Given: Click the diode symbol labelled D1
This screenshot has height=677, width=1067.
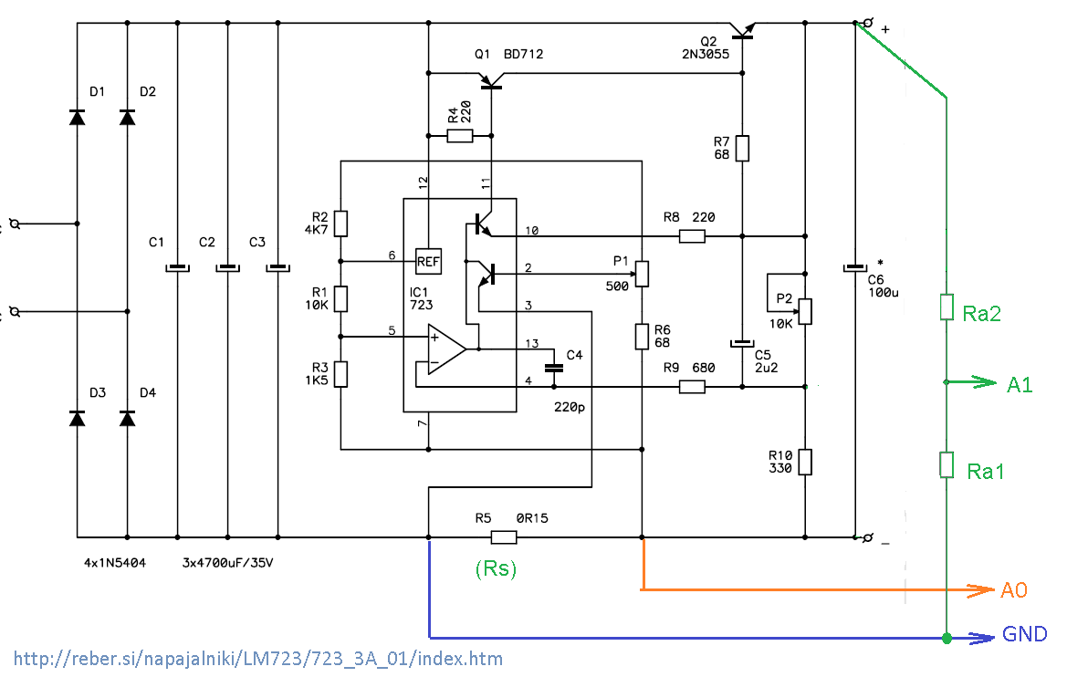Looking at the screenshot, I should [x=77, y=117].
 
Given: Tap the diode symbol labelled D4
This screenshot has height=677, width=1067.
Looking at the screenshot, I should [x=127, y=418].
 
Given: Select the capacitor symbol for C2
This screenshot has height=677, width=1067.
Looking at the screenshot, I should [x=226, y=268].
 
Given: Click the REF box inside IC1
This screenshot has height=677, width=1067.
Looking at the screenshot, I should [x=428, y=261].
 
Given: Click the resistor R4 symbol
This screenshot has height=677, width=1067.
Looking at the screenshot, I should [x=460, y=137].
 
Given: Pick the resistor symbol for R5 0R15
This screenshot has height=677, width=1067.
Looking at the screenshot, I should [x=505, y=537].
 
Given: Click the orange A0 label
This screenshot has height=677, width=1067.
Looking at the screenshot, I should [x=1013, y=590].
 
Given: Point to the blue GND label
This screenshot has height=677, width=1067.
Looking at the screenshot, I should [x=1025, y=634].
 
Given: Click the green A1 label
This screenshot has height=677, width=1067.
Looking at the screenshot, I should [x=1020, y=385].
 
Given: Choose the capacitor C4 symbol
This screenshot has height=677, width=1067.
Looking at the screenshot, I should [x=552, y=367].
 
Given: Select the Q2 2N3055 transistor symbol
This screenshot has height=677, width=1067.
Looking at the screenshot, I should [x=743, y=32].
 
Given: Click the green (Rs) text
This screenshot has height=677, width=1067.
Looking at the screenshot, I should [x=496, y=568].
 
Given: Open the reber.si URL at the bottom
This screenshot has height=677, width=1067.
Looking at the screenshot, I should [x=258, y=658].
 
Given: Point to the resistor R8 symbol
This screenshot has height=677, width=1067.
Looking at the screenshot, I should [x=693, y=236].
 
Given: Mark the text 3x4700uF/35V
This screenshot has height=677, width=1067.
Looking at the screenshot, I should [x=228, y=562].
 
